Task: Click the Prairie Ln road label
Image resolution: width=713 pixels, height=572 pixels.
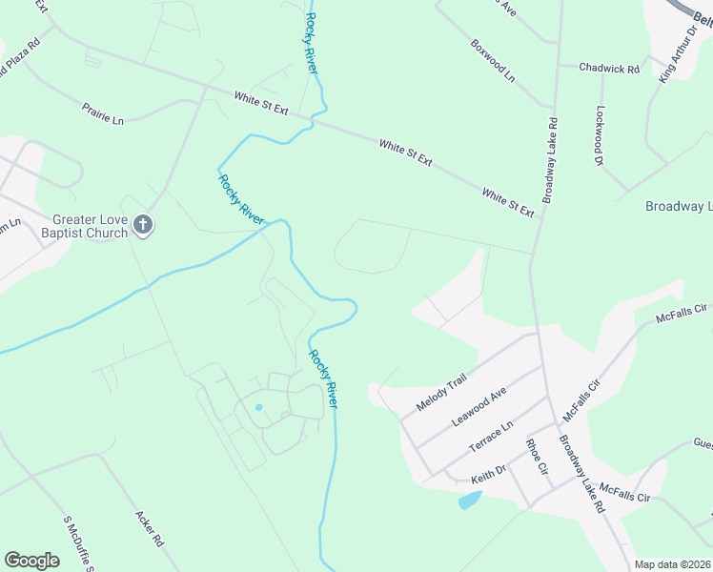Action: point(103,113)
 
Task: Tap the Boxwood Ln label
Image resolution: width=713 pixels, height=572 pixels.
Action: point(492,59)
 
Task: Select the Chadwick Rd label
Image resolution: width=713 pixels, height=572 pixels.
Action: point(610,68)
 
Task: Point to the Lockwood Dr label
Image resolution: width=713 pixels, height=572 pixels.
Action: point(601,135)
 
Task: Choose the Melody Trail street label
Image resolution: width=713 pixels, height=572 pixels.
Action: point(440,393)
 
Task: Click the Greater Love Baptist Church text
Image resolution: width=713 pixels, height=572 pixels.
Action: point(91,226)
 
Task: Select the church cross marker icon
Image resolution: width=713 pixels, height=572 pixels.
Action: point(143,226)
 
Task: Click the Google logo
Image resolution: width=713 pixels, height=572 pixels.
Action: point(31,560)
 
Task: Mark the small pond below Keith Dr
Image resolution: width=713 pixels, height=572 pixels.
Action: point(470,500)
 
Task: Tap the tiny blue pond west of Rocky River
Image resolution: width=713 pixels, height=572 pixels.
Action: point(258,407)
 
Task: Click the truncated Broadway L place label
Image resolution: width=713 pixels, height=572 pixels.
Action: point(679,206)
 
